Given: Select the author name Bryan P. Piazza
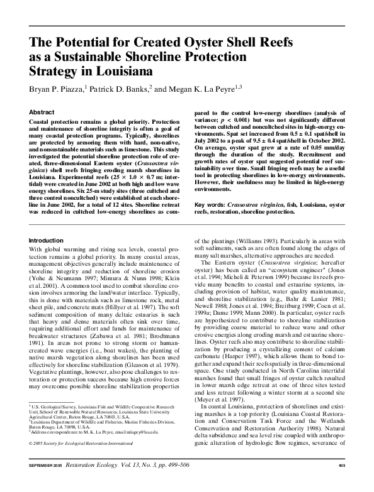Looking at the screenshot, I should point(55,90).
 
